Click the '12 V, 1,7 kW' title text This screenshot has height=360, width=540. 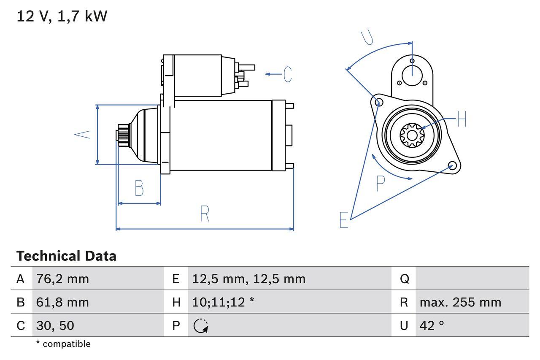62,16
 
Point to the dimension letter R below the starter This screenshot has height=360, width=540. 205,214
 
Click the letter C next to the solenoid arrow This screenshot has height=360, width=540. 287,74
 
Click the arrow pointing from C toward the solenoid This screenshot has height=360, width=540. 273,74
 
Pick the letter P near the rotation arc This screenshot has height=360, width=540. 381,184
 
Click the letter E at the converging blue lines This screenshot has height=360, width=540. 344,220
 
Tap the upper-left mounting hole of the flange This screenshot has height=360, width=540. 379,102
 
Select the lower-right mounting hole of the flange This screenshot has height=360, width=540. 452,165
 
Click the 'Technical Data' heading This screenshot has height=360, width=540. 66,256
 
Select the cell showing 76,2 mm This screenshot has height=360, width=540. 62,279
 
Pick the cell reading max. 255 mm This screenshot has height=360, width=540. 460,302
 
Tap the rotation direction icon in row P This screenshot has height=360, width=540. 201,325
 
